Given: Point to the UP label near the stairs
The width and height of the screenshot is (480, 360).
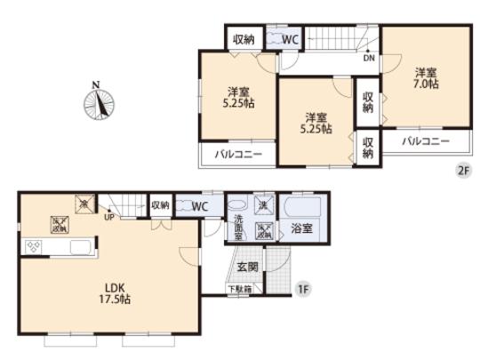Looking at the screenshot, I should coord(108,216).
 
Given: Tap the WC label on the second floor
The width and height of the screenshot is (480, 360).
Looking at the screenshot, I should coord(289,38).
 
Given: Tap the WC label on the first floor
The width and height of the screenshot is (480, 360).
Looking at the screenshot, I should coord(200,206).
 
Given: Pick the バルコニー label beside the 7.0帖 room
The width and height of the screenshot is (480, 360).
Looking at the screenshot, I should coord(424,142).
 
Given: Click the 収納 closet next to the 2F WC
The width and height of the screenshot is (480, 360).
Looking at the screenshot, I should coord(243,38).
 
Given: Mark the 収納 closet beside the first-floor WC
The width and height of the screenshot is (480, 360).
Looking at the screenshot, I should coord(160,205).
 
